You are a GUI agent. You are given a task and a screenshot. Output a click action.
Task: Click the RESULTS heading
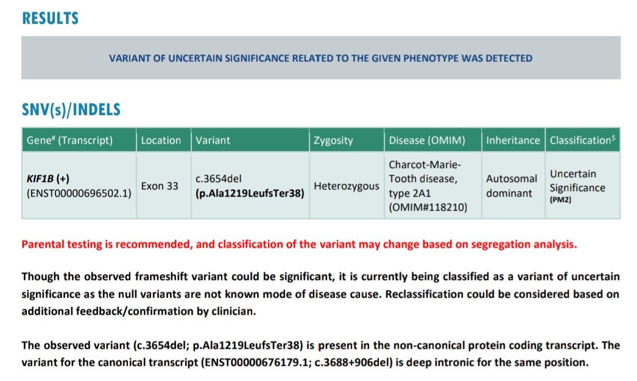(50, 18)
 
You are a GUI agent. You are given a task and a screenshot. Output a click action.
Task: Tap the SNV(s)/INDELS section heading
(71, 110)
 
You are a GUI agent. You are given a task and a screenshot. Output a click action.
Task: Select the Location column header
(161, 140)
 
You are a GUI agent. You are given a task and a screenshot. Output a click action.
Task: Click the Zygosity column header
(333, 140)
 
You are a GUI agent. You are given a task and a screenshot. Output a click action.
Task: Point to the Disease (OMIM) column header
(427, 140)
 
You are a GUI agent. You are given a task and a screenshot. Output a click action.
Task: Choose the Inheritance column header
(512, 140)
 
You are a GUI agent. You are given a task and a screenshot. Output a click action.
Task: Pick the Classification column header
(582, 140)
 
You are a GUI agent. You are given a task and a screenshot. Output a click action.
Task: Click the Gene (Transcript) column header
(69, 140)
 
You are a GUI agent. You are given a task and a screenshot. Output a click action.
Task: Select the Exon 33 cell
(160, 186)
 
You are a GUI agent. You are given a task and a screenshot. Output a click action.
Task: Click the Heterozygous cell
(347, 186)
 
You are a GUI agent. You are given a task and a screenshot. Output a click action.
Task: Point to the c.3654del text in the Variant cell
(219, 180)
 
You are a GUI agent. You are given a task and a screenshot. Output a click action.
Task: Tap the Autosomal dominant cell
(512, 186)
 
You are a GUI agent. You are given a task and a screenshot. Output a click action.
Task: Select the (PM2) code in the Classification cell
(560, 198)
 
